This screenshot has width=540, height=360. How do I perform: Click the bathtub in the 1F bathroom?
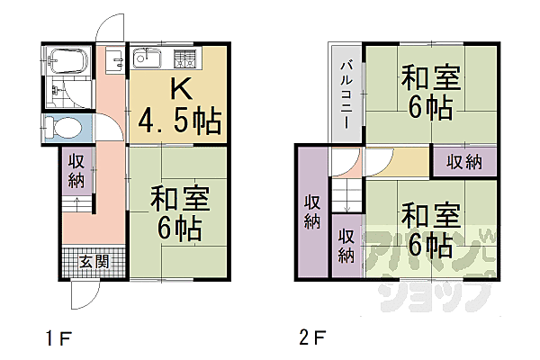[67, 60]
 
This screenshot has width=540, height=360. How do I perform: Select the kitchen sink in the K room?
[148, 60]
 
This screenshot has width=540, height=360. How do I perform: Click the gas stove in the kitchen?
[186, 60]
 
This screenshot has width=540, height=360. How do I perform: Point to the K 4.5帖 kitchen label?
[176, 106]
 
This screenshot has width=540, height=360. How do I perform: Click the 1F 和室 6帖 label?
[176, 211]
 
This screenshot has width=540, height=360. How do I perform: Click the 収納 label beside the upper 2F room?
[463, 162]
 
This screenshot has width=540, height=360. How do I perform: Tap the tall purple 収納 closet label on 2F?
[312, 211]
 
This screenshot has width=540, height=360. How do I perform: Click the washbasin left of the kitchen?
[113, 61]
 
